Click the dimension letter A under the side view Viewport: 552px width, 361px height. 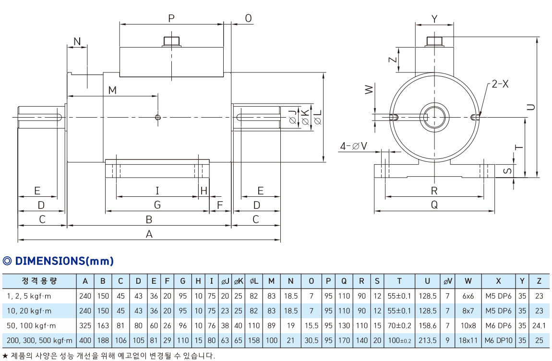[149, 234]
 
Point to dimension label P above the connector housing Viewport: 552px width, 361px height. [171, 19]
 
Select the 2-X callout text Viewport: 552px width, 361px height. [500, 84]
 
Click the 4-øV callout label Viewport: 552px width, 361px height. [353, 146]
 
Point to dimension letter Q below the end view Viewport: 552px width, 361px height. [434, 205]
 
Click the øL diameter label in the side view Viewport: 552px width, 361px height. [317, 117]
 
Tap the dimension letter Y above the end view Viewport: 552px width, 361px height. [434, 19]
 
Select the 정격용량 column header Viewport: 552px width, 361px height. [39, 281]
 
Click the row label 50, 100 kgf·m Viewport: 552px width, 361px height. [33, 326]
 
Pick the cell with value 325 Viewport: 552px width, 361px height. [85, 326]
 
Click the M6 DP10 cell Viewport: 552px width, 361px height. [498, 341]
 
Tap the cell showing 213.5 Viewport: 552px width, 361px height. [427, 341]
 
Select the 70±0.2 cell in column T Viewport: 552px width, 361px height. [399, 326]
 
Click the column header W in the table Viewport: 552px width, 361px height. [468, 281]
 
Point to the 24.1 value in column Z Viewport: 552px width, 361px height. [539, 326]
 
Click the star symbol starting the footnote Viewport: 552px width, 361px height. [5, 356]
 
